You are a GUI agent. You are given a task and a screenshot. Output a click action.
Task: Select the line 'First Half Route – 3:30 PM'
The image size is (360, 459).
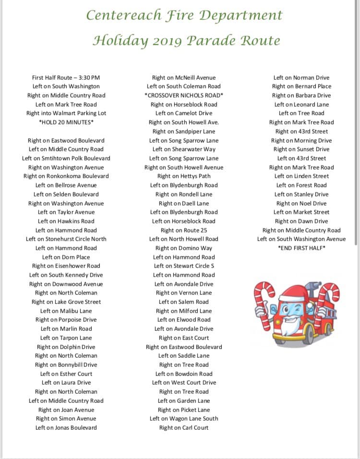point(66,77)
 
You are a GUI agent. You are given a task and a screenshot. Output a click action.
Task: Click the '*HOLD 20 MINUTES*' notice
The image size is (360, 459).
point(66,122)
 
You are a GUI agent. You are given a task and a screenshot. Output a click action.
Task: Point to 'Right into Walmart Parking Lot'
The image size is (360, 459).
point(66,113)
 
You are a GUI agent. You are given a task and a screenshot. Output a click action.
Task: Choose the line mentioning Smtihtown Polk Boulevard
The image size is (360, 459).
point(66,158)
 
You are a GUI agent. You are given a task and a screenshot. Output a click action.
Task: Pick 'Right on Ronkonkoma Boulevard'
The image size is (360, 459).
point(66,176)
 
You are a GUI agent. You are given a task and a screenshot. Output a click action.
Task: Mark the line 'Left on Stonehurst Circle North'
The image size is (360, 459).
point(66,239)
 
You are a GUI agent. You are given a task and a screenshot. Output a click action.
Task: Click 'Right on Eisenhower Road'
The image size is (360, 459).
point(66,266)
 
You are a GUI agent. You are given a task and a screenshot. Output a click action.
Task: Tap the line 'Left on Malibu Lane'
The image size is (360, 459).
point(66,311)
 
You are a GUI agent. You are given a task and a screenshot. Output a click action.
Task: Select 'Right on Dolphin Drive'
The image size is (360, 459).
point(66,347)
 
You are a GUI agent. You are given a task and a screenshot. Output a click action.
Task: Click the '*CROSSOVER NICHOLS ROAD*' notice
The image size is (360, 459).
point(184,96)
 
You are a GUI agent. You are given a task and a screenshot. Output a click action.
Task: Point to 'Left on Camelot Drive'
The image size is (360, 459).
point(184,113)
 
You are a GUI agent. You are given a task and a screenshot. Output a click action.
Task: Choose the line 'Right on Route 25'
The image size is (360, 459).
point(184,230)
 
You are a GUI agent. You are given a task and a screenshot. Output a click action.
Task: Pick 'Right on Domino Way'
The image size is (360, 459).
point(184,248)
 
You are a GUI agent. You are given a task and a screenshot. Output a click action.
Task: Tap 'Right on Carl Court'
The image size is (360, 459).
point(184,428)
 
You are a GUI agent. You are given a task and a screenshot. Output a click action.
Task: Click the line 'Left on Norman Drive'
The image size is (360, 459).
point(301,77)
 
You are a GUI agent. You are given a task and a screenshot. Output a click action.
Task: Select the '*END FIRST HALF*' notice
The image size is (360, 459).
point(301,248)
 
